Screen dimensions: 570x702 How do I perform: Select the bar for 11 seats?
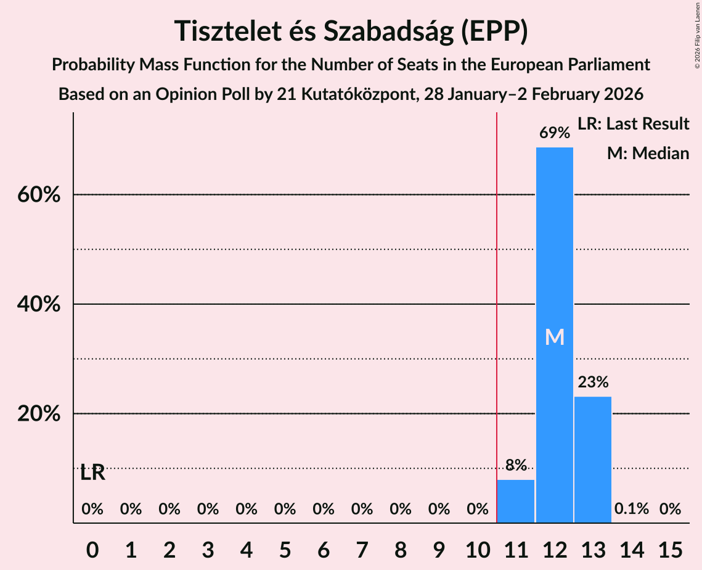[516, 501]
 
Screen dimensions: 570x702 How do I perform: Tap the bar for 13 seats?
[593, 460]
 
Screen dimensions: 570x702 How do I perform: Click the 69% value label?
[554, 133]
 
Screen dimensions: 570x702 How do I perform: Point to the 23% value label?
[593, 382]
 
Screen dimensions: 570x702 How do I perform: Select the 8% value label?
[516, 465]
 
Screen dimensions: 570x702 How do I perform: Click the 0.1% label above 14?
[632, 509]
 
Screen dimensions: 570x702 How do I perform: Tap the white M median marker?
[555, 337]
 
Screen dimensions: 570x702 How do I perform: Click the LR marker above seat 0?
[92, 473]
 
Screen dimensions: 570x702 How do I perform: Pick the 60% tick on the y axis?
[38, 195]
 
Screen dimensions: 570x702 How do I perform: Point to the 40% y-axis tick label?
[38, 305]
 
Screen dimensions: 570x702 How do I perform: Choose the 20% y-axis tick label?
[38, 414]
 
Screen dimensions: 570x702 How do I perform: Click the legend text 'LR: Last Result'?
[633, 124]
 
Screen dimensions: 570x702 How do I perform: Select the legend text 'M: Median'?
[648, 153]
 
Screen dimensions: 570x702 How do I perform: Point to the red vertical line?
[497, 308]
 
